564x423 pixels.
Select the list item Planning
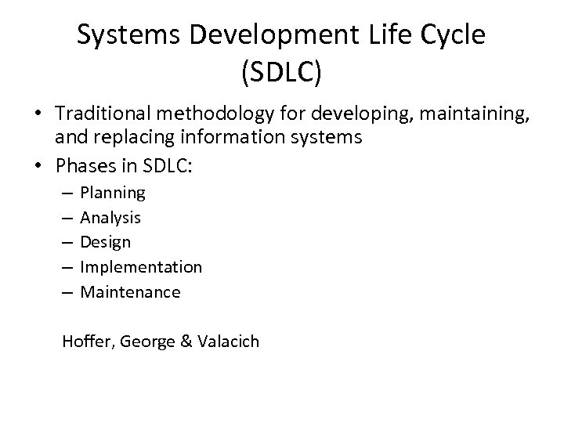click(113, 192)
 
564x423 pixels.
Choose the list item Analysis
click(110, 217)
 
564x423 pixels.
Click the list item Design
click(106, 242)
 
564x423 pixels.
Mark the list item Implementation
click(141, 267)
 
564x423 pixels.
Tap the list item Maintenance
click(130, 292)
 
